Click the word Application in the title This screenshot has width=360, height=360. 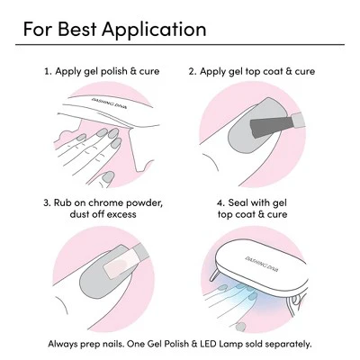coord(154,30)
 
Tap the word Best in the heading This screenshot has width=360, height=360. coord(77,29)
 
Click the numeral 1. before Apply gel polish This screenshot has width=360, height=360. coord(48,71)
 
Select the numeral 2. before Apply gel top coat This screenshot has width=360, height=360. coord(193,72)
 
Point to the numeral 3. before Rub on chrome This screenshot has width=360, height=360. coord(48,202)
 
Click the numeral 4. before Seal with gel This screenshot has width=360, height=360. coord(221,202)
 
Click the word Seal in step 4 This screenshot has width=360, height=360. coord(238,202)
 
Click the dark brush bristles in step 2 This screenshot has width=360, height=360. coord(271,126)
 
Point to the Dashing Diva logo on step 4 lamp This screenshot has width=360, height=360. coord(262,264)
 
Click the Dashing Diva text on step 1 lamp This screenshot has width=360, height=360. coord(109,103)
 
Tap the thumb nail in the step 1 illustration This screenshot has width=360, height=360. coord(108,177)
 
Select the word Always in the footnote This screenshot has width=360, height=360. coord(62,344)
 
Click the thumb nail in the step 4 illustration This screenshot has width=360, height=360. coord(240,327)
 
